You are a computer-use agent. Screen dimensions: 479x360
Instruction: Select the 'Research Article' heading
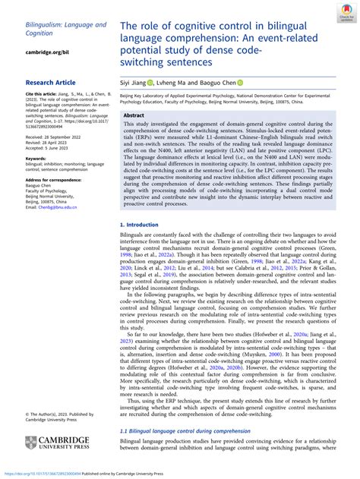pos(50,81)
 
